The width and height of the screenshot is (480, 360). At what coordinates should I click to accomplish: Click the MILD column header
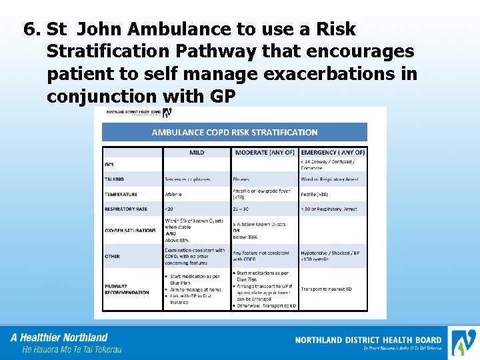197,153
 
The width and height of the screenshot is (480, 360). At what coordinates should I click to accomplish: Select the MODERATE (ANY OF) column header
264,153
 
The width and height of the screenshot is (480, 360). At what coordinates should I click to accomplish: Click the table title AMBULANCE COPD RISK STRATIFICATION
235,133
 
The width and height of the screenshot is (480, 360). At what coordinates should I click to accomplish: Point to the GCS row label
109,165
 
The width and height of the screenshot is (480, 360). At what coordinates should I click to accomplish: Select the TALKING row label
114,179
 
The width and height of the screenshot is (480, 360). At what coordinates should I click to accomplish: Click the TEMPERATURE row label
121,195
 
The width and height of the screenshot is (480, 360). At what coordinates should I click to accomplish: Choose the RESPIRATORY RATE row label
125,209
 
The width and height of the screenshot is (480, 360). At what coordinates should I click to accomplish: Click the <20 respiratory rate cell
169,209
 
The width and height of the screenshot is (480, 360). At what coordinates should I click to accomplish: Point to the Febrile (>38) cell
319,195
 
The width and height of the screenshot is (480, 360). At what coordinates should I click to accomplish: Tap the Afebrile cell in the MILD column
173,195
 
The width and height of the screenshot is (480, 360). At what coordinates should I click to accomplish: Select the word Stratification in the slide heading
119,52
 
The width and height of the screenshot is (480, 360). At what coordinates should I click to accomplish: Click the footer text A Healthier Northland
59,337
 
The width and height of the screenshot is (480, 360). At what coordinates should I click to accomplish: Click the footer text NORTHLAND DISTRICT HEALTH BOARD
367,340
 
